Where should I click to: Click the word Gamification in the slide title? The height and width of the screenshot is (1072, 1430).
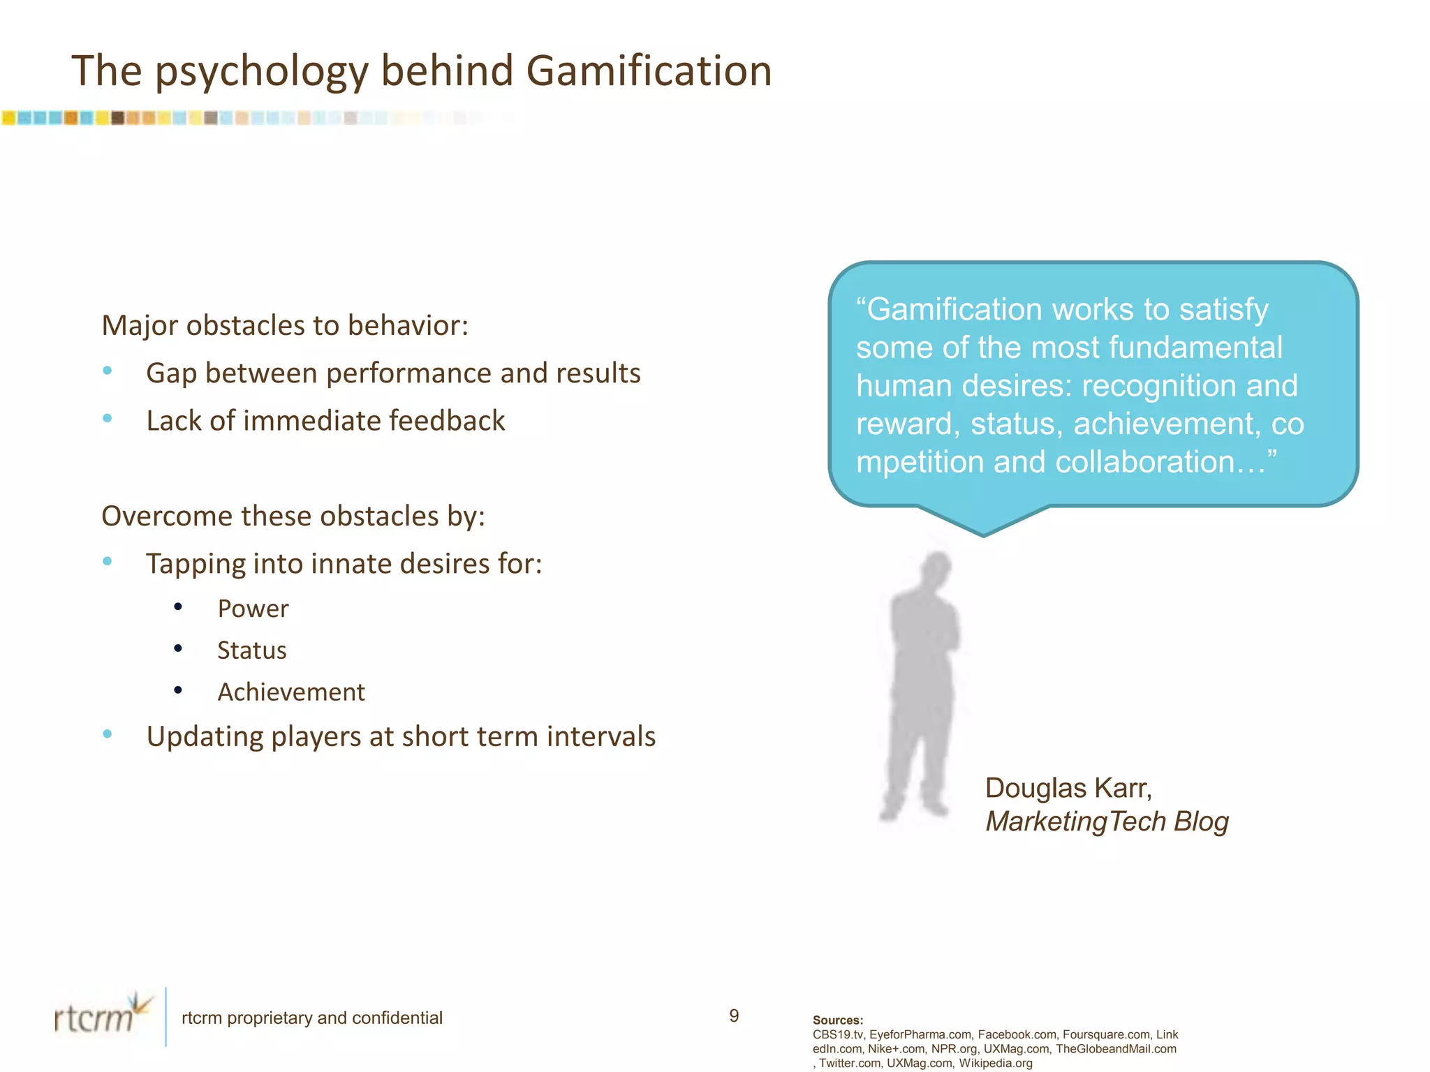pos(649,71)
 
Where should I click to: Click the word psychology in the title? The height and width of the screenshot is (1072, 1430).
pos(261,73)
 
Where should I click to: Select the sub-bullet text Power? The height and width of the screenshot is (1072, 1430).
pos(253,609)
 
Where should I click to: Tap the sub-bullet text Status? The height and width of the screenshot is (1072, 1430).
pos(252,650)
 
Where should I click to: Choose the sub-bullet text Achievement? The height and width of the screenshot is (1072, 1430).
pos(291,692)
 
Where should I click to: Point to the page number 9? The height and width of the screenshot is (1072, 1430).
pos(734,1015)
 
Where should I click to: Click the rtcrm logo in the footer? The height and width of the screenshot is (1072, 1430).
pos(102,1015)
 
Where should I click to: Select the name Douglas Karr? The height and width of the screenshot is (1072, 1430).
pos(1068,788)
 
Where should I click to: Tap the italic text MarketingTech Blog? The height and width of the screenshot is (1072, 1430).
pos(1107,821)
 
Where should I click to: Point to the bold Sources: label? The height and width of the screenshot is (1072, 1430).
pos(838,1020)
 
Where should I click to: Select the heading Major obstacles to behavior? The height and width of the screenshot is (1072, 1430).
pos(285,325)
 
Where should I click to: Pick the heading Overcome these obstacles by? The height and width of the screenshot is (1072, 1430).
pos(293,516)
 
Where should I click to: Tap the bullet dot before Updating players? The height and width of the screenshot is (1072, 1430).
pos(108,734)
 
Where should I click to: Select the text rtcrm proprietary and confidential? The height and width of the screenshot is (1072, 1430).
pos(312,1018)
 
